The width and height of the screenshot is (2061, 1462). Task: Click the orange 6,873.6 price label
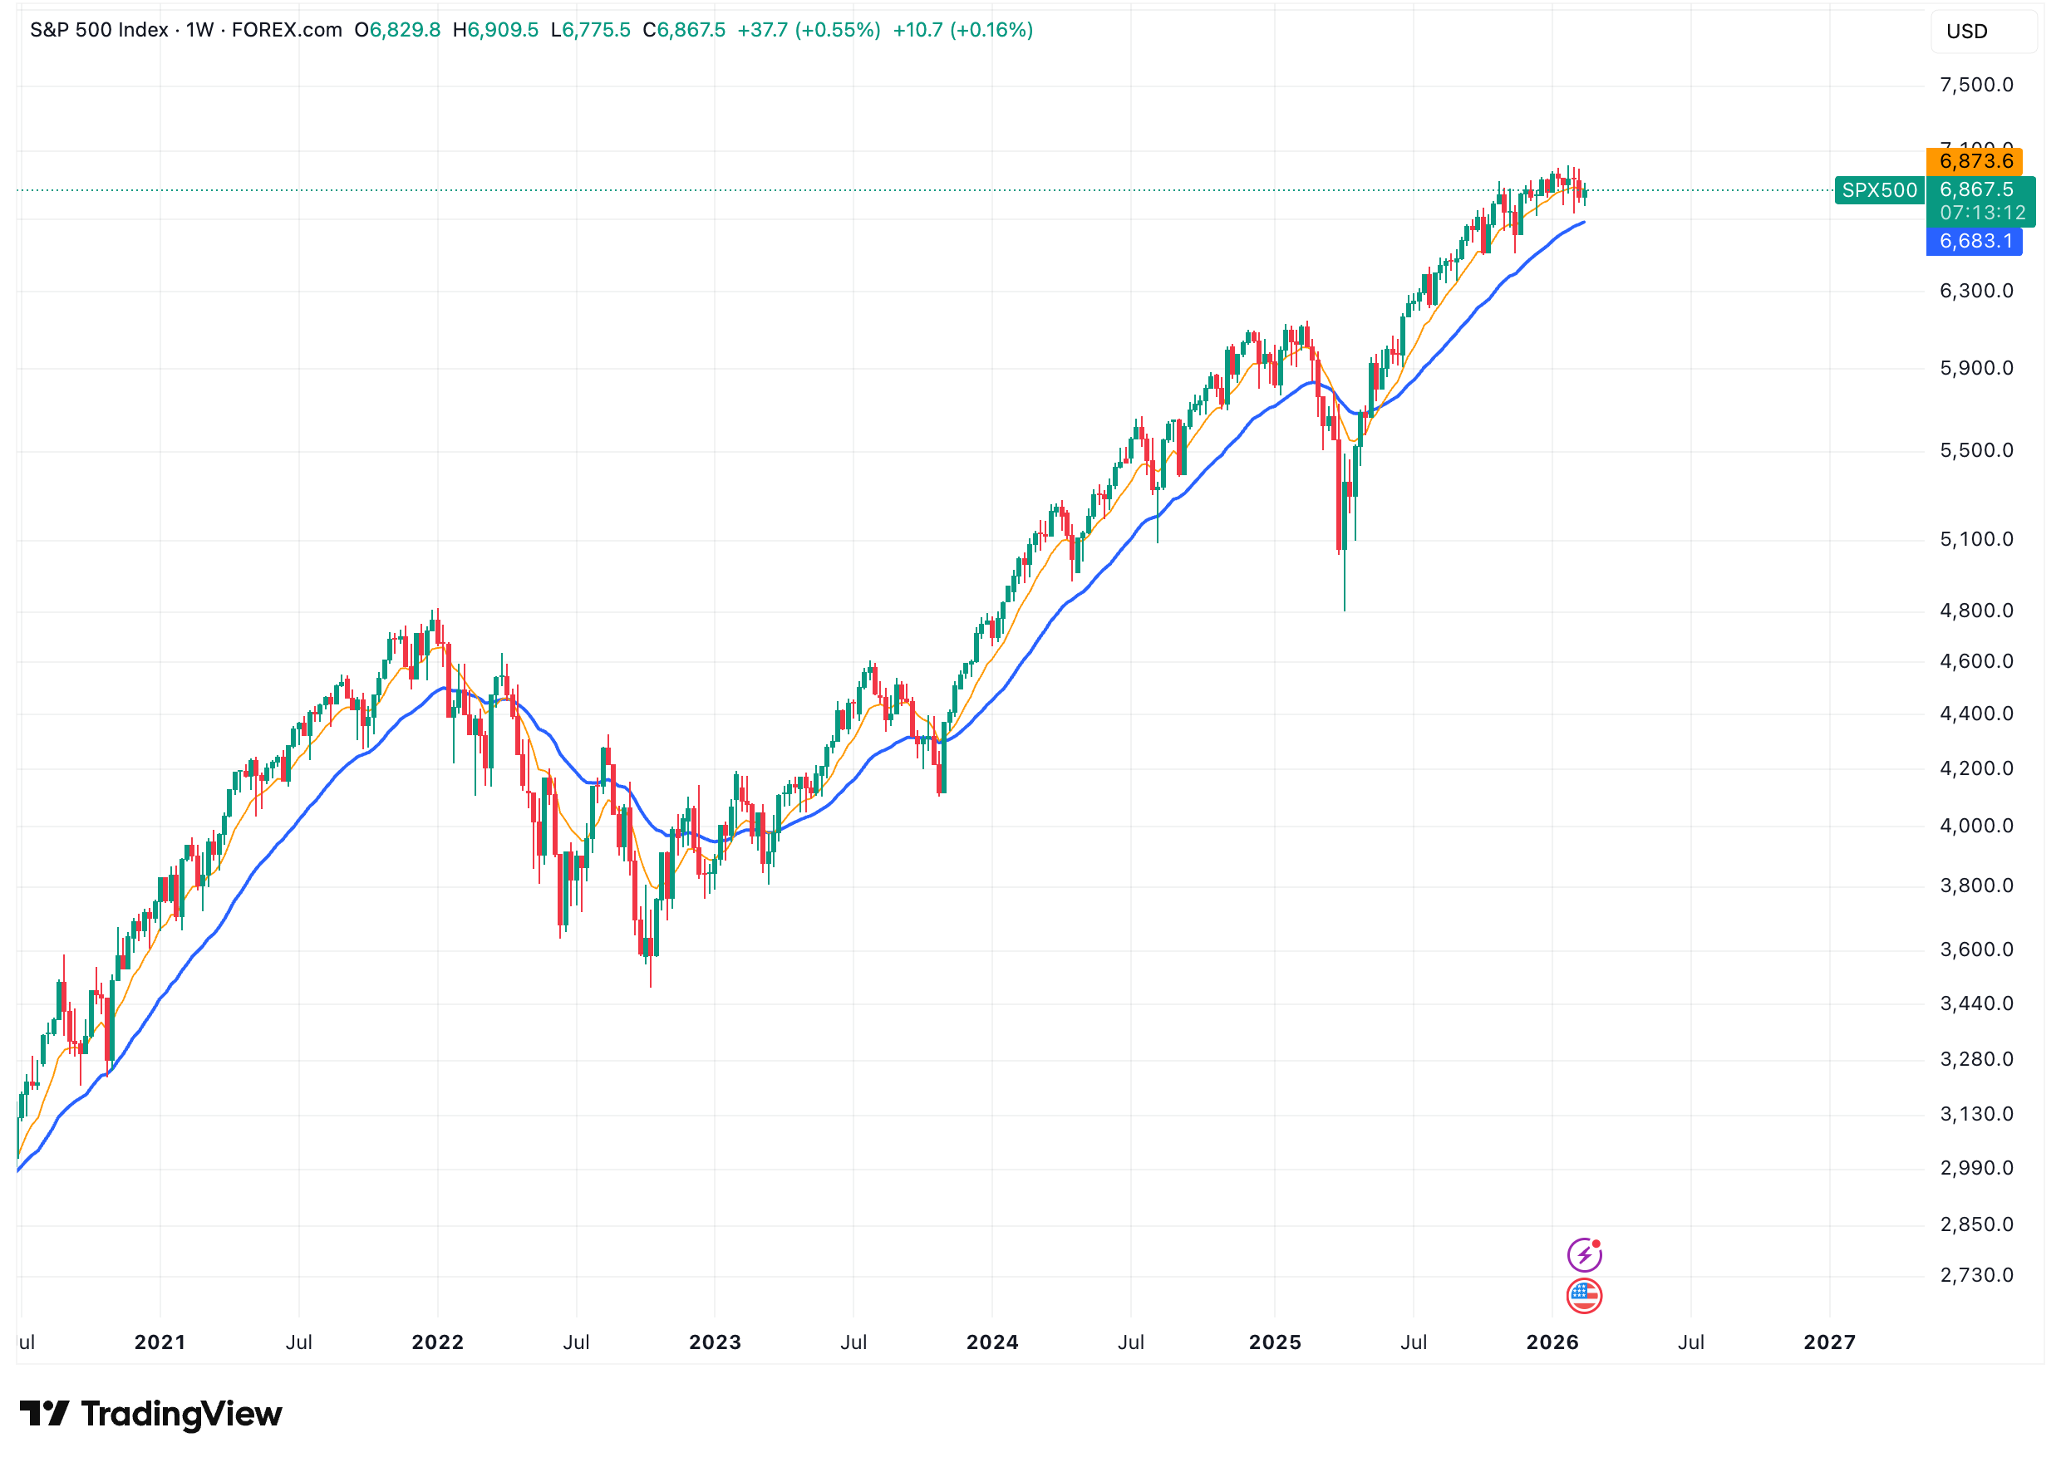coord(1974,161)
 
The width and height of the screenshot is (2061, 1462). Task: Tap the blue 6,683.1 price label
coord(1974,241)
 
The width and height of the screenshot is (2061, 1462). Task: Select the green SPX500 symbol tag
coord(1878,191)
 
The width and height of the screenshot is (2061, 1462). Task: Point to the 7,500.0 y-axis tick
coord(1975,86)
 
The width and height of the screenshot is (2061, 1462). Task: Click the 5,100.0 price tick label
coord(1975,540)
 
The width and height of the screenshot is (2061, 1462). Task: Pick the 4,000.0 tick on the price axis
coord(1975,827)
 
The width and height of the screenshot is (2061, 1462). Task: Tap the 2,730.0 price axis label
coord(1975,1276)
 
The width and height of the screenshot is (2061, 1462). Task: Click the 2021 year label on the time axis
coord(160,1343)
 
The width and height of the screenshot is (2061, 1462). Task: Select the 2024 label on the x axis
coord(991,1343)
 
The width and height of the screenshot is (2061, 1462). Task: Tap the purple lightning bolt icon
coord(1584,1255)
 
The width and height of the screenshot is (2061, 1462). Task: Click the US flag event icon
coord(1584,1297)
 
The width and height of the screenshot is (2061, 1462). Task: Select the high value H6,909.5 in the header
coord(495,31)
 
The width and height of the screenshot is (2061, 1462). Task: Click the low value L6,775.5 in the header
coord(590,31)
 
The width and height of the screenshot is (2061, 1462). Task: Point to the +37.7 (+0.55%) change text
coord(808,31)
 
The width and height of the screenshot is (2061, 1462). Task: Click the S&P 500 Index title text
coord(99,31)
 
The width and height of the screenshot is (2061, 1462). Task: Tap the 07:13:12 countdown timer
coord(1982,213)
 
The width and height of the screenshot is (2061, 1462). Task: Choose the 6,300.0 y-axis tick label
coord(1975,292)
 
